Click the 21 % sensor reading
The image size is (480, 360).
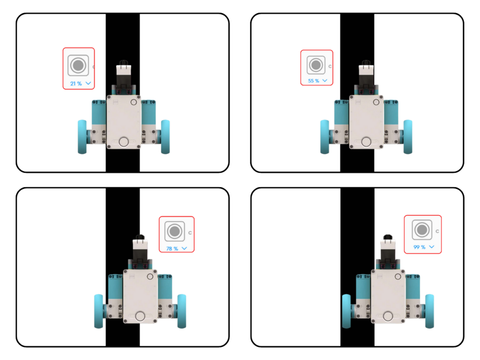[76, 83]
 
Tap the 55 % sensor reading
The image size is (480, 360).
[314, 81]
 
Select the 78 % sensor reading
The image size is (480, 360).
[172, 248]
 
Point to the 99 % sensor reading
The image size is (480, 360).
[420, 247]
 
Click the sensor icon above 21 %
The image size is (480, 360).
[78, 65]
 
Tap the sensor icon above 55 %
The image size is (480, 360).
[316, 65]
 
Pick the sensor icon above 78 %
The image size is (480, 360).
[175, 231]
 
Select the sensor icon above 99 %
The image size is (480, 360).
[422, 230]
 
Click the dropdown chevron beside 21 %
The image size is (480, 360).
[88, 83]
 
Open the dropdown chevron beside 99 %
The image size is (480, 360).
[432, 247]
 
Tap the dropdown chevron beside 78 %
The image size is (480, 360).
[184, 248]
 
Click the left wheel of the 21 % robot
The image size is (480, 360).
[82, 137]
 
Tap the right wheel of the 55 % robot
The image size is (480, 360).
[408, 137]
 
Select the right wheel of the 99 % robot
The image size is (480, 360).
[429, 311]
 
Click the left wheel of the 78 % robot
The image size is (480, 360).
[98, 311]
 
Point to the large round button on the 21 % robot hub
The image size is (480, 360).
[124, 142]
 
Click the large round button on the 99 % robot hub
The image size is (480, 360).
[388, 316]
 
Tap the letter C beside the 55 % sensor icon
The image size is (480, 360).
[330, 67]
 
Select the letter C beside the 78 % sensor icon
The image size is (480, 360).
[190, 233]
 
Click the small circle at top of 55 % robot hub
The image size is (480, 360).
[376, 102]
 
